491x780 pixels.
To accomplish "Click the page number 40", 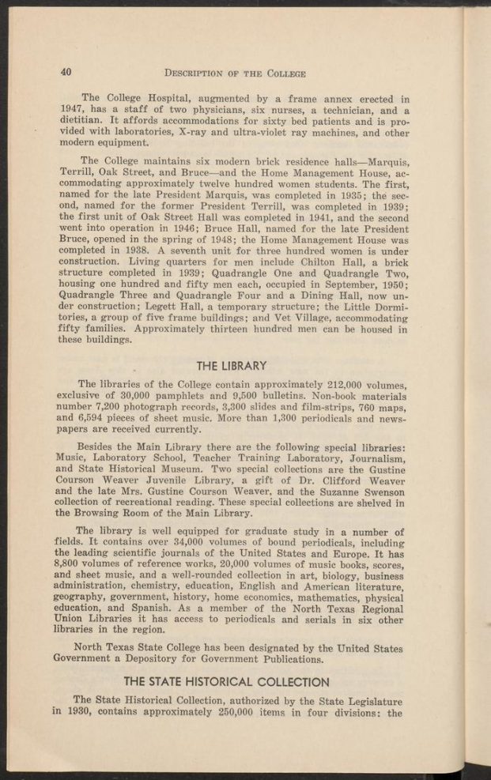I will tap(66, 73).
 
